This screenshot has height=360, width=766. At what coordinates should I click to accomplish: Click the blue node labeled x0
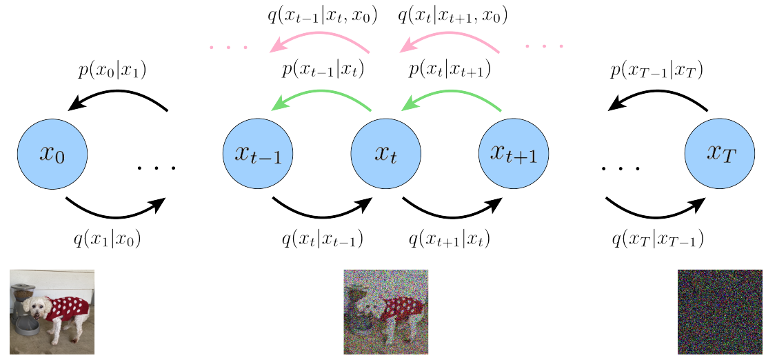[52, 154]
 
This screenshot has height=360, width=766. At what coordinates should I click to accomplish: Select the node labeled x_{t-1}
[258, 154]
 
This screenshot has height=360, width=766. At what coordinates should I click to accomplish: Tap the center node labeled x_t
[385, 154]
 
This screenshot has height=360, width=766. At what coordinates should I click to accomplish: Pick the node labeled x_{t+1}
[514, 154]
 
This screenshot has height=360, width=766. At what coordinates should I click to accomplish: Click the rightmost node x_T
[719, 154]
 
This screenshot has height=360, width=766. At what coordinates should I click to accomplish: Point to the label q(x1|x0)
[108, 239]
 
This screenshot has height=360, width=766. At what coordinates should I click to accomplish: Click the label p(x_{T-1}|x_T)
[658, 70]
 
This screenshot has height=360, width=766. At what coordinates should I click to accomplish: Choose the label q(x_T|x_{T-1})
[657, 239]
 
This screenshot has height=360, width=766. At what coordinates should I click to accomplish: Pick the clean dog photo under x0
[52, 312]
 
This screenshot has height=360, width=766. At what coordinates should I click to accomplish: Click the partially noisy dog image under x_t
[385, 312]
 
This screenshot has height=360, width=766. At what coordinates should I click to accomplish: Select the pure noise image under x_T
[719, 312]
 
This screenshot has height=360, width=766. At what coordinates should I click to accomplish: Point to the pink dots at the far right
[544, 47]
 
